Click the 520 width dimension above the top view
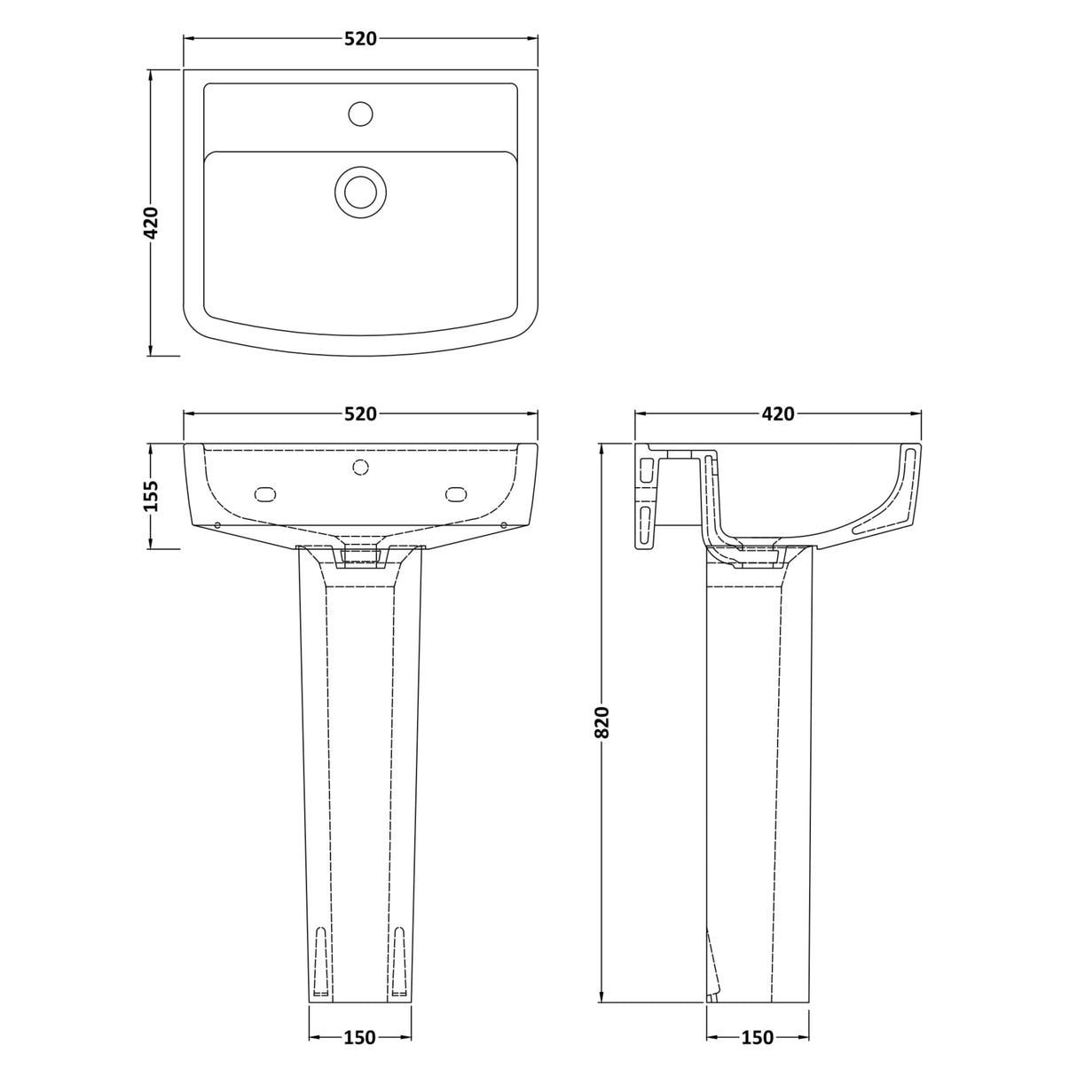(360, 39)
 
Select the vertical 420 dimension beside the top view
(151, 223)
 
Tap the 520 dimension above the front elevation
(360, 414)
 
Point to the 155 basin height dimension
(151, 496)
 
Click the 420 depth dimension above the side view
(777, 414)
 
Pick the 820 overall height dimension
(602, 722)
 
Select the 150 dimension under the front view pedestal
(359, 1037)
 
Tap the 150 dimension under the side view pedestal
(757, 1037)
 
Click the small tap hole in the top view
(360, 114)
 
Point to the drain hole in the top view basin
(360, 192)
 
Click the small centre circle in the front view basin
(360, 467)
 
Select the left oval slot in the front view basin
(265, 493)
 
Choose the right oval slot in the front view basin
(456, 493)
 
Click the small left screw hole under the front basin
(218, 526)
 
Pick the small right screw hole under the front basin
(503, 526)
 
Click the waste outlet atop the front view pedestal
(360, 556)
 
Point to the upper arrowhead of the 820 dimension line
(602, 447)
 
